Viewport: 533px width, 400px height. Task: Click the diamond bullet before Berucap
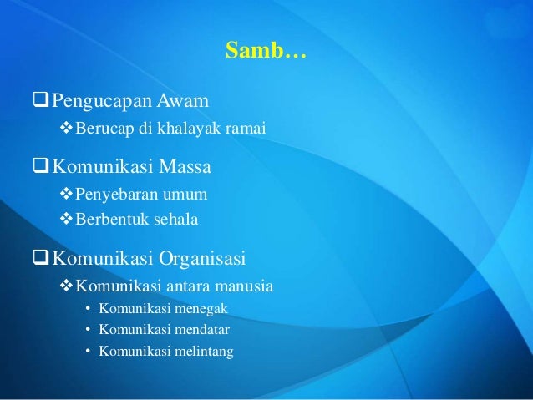click(x=69, y=129)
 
